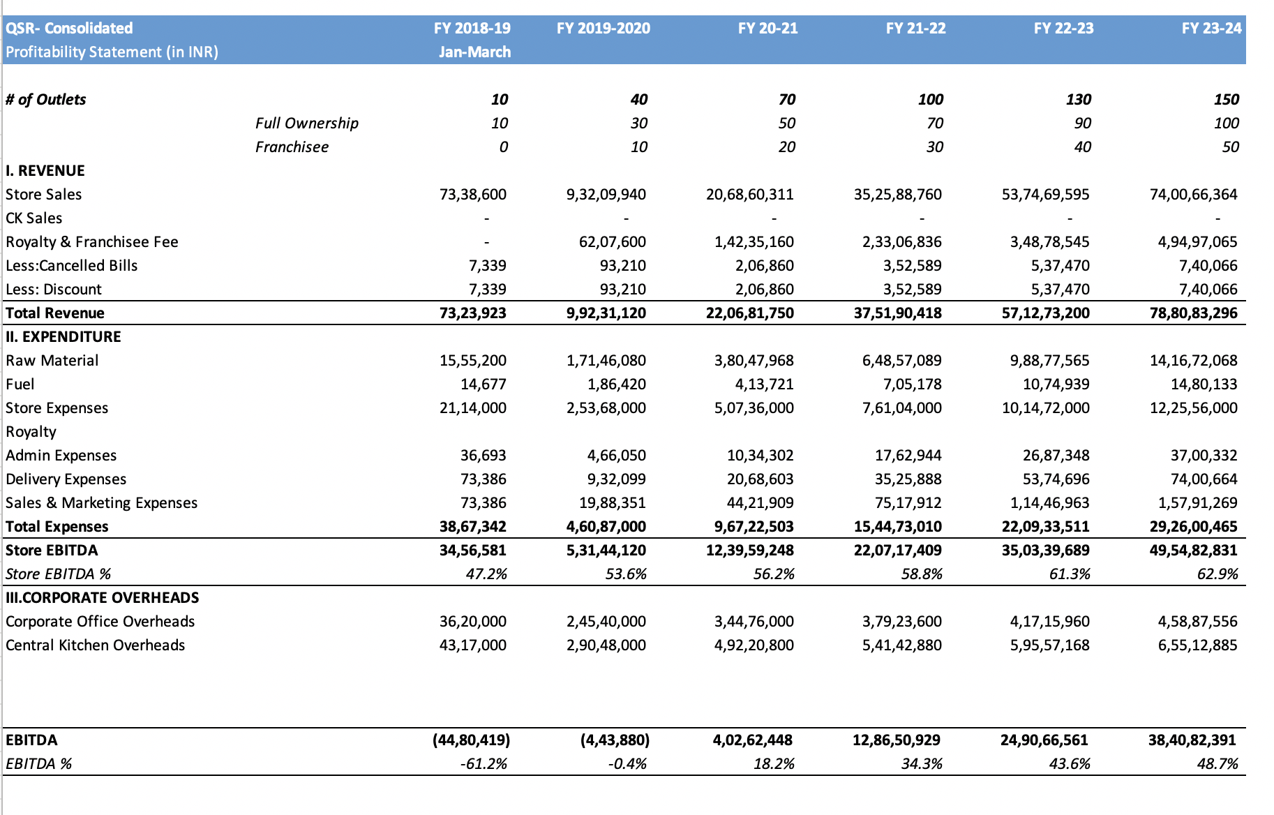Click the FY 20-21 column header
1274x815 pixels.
click(767, 29)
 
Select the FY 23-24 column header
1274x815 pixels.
click(1211, 29)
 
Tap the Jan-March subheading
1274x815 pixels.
click(474, 52)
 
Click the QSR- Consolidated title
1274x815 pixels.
click(69, 29)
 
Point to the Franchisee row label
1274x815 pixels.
click(292, 147)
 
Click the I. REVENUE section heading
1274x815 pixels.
click(45, 171)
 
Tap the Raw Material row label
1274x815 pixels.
click(52, 361)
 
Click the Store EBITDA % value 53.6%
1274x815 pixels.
click(626, 574)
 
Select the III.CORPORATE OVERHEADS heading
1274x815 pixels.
click(103, 598)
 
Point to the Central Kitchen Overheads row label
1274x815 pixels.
click(96, 645)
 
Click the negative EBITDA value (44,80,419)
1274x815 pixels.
click(471, 740)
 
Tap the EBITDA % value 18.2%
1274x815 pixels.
click(774, 764)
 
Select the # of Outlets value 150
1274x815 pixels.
click(1226, 100)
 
